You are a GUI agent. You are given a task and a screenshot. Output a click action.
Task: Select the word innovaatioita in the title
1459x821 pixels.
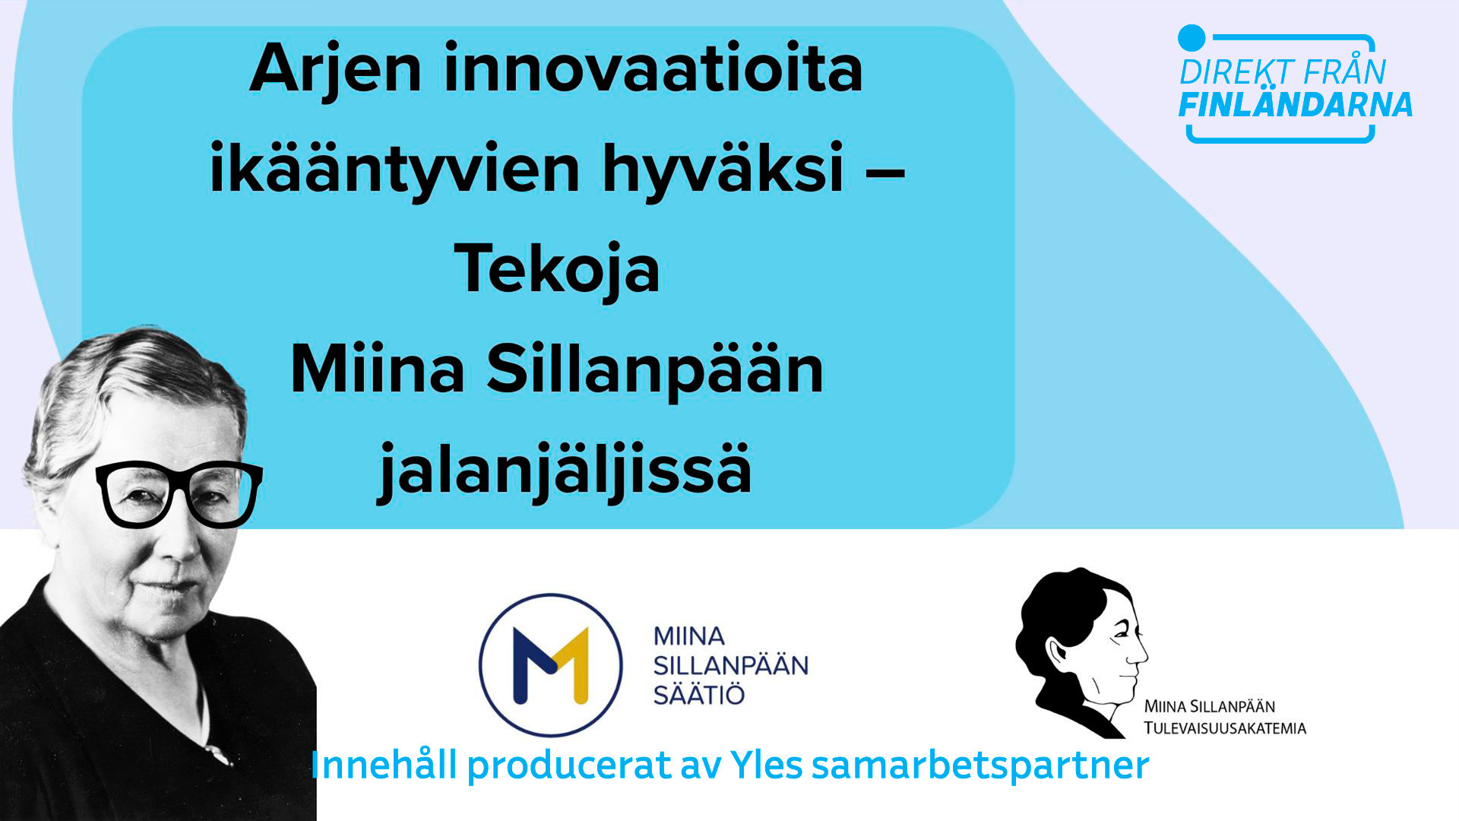click(x=654, y=68)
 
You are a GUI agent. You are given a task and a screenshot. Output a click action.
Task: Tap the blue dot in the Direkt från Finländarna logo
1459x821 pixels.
click(x=1192, y=38)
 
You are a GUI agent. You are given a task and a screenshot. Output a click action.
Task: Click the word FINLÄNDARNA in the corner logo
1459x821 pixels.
click(x=1296, y=105)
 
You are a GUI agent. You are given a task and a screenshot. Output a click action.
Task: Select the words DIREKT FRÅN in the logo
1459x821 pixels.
click(x=1283, y=72)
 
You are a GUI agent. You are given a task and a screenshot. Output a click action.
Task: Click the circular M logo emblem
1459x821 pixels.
click(x=551, y=665)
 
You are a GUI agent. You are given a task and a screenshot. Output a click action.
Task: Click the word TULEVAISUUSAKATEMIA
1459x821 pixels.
click(x=1225, y=728)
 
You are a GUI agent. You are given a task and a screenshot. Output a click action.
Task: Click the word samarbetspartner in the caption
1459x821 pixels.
click(x=980, y=766)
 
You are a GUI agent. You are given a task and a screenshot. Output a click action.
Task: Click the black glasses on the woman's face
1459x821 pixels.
click(x=179, y=494)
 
